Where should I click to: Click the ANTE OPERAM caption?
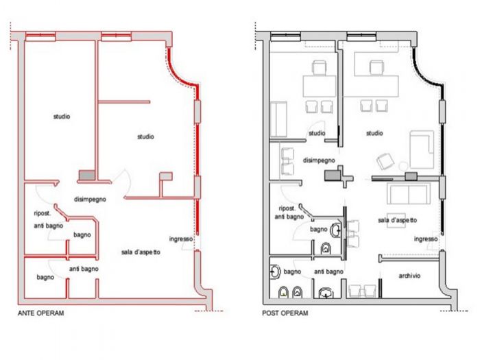(41, 313)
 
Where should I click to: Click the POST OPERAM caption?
(285, 313)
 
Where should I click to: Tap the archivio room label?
(409, 276)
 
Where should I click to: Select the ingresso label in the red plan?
(181, 239)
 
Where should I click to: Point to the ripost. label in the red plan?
(43, 213)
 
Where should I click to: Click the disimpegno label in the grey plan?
(319, 160)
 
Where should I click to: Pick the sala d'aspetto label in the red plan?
(141, 252)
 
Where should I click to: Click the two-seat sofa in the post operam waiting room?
(409, 194)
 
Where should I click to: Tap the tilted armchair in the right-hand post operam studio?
(385, 161)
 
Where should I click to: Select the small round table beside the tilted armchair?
(403, 166)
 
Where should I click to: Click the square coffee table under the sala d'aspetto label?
(396, 220)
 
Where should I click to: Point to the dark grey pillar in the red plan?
(87, 175)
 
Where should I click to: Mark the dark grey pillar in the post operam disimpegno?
(333, 176)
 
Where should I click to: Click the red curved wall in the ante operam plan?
(179, 73)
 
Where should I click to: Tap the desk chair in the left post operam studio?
(319, 67)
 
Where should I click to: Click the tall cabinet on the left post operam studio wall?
(278, 119)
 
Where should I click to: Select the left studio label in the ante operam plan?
(62, 117)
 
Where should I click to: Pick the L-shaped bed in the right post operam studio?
(422, 149)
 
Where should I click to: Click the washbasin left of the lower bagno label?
(276, 272)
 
